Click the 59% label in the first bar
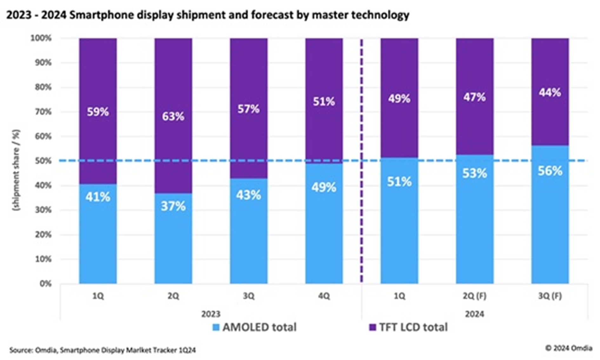tap(98, 112)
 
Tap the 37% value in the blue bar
tap(173, 206)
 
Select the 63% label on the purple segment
tap(173, 117)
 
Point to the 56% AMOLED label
tap(550, 171)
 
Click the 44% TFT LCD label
tap(550, 93)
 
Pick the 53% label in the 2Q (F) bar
tap(474, 173)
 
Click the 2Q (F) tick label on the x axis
tap(474, 296)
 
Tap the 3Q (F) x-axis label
tap(550, 296)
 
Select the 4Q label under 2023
tap(324, 296)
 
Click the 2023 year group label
tap(211, 314)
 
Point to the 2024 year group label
tap(474, 314)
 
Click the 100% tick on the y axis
tap(41, 38)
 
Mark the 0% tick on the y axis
tap(45, 283)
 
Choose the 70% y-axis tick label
tap(43, 112)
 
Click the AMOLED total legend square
tap(216, 327)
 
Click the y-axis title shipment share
tap(16, 170)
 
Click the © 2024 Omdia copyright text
tap(569, 348)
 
